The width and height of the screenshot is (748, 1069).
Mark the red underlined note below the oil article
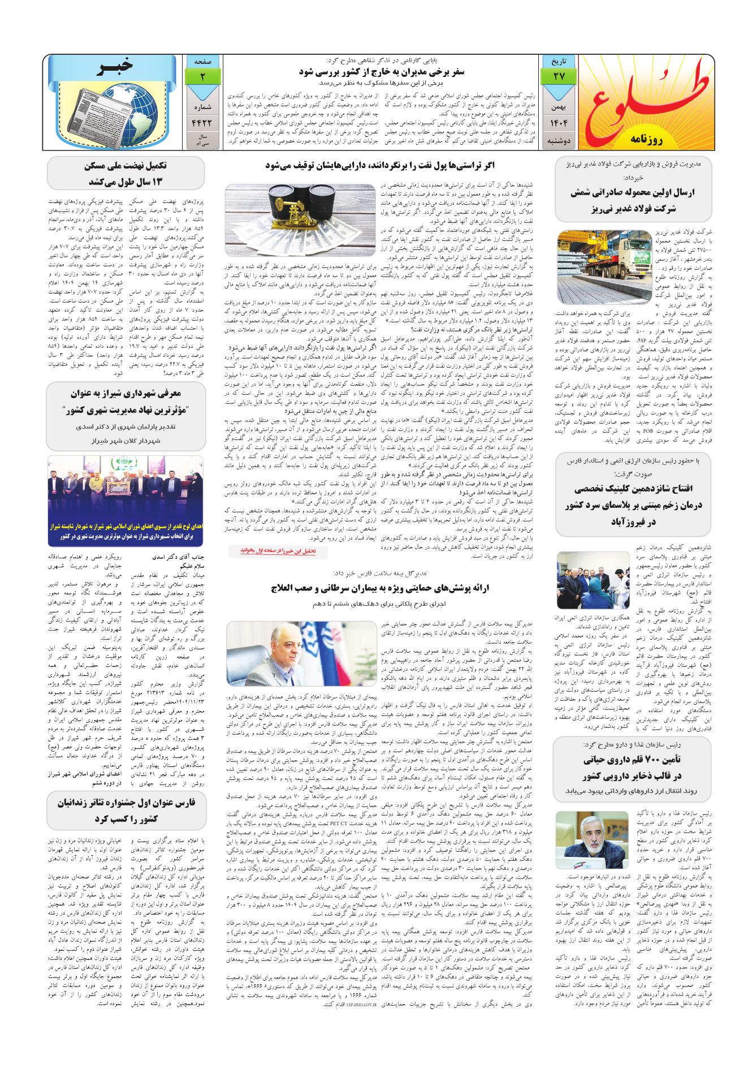click(x=273, y=550)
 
